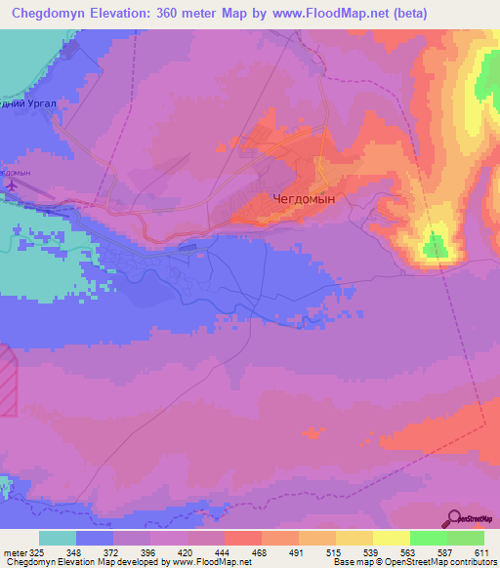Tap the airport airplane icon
coord(11,184)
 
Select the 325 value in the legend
coord(32,552)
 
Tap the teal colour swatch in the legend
coord(58,538)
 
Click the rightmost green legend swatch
coord(466,538)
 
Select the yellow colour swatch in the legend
coord(392,538)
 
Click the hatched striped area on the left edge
coord(8,381)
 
